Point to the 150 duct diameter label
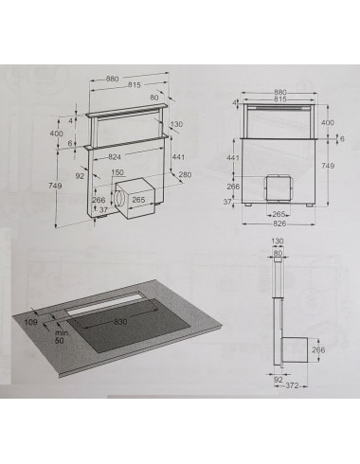coord(117,172)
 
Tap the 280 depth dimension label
coord(185,174)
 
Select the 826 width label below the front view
coord(279,223)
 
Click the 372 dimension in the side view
coord(292,385)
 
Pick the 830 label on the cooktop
coord(120,322)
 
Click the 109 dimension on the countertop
coord(31,322)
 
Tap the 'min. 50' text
coord(62,337)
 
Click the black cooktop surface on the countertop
coord(129,325)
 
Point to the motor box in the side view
coord(295,350)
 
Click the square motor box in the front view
coord(278,188)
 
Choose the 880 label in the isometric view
coord(113,79)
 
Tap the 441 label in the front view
coord(233,157)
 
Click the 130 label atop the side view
coord(278,241)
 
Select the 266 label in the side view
coord(318,349)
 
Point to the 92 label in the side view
coord(279,380)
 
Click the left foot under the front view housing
coord(249,205)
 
